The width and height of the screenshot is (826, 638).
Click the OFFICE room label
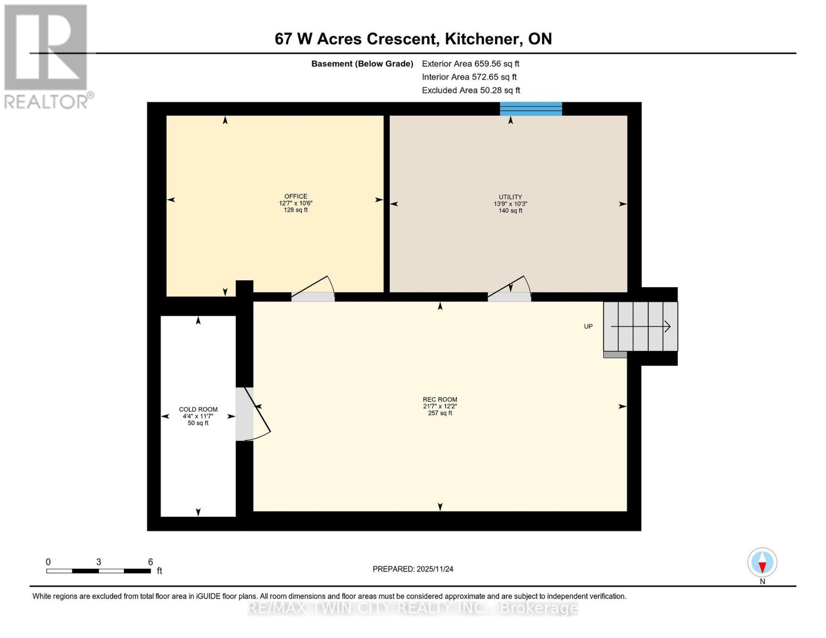(x=296, y=196)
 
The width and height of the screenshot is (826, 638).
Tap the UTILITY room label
(x=510, y=197)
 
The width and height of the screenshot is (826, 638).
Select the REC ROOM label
(x=440, y=399)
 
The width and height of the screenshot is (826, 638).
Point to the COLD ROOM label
(x=198, y=409)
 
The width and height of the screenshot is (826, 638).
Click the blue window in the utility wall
(x=531, y=109)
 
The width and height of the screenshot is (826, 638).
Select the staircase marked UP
(x=640, y=326)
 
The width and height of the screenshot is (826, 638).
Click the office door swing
(x=313, y=290)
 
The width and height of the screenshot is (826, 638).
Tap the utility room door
(x=510, y=290)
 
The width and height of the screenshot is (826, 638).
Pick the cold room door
(x=250, y=414)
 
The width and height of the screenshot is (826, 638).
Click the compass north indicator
(x=762, y=563)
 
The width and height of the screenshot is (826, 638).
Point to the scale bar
(x=98, y=570)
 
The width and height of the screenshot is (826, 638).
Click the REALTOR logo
(x=46, y=56)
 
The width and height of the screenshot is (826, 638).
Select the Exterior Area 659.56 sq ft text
(x=470, y=64)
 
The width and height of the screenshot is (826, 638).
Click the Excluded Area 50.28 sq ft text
(x=471, y=90)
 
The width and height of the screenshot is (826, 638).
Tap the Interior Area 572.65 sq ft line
(x=469, y=77)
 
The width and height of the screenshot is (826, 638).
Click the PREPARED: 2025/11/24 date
(x=413, y=569)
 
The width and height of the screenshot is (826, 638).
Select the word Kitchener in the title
(x=482, y=39)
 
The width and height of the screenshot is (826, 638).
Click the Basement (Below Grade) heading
(x=362, y=64)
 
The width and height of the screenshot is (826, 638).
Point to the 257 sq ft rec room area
(x=440, y=413)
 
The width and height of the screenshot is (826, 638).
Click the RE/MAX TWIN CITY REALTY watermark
(x=413, y=608)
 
